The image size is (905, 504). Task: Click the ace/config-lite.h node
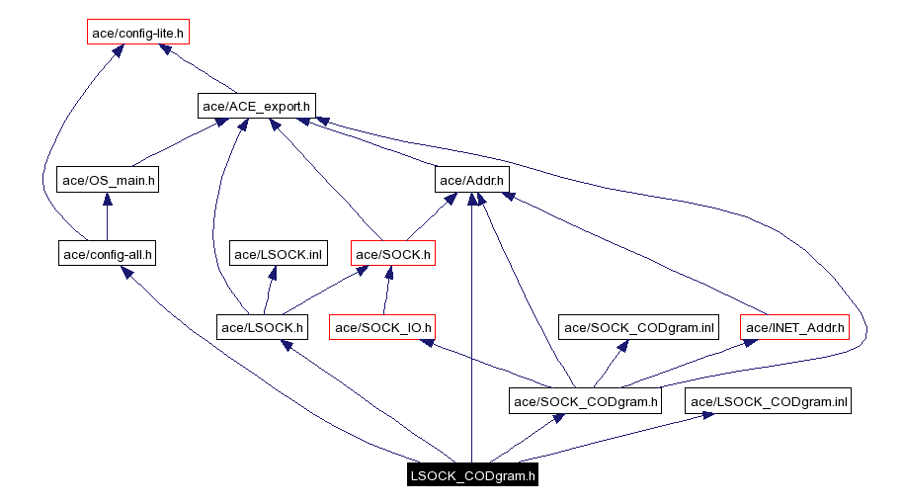[x=137, y=33]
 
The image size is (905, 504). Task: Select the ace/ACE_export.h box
[x=257, y=105]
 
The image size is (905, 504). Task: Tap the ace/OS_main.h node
[x=108, y=180]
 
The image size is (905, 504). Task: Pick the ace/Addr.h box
[x=471, y=180]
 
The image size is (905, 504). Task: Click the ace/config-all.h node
[x=108, y=254]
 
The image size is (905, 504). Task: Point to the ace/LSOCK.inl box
[x=278, y=254]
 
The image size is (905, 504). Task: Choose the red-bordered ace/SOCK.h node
[x=393, y=254]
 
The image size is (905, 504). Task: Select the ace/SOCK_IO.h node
[x=382, y=327]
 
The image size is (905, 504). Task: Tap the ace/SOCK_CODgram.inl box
[x=638, y=327]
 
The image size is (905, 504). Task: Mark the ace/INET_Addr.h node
[x=795, y=327]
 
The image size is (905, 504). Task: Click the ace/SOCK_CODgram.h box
[x=586, y=401]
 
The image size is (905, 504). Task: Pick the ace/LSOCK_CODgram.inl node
[x=770, y=401]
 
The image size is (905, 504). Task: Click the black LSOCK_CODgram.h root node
[x=472, y=475]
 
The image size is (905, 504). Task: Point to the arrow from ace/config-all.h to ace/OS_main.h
[x=107, y=217]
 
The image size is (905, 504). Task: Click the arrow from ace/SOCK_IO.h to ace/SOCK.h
[x=386, y=292]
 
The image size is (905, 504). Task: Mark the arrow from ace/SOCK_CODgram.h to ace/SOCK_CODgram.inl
[x=612, y=365]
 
